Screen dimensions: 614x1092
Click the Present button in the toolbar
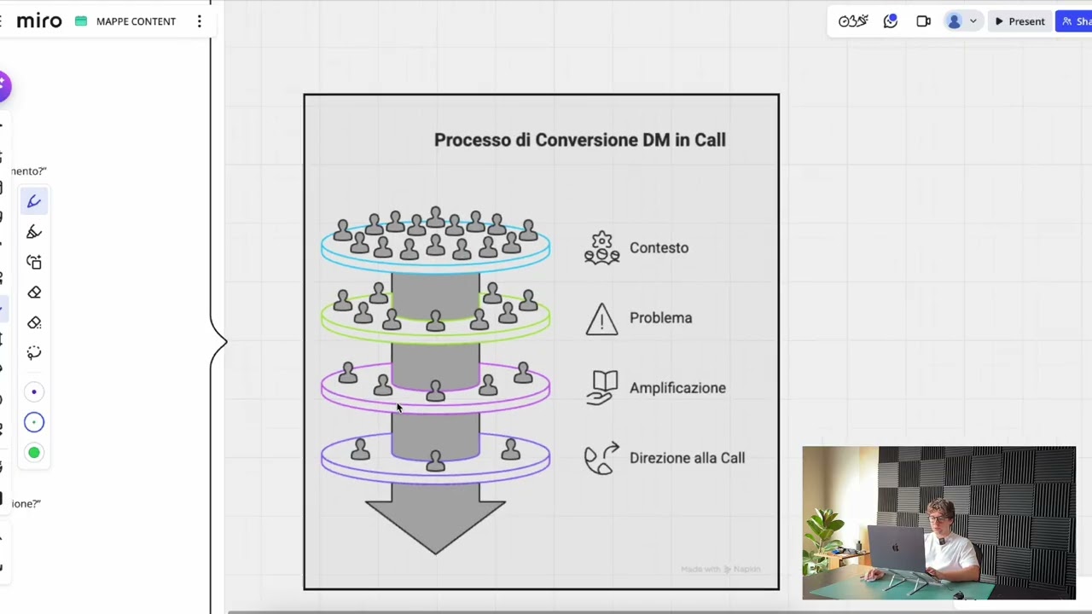click(1019, 21)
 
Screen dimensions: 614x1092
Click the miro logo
click(39, 21)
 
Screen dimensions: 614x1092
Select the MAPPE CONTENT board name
click(136, 21)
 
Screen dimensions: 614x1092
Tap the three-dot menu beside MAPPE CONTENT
click(200, 21)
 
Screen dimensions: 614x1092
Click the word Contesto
click(659, 248)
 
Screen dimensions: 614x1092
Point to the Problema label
click(660, 318)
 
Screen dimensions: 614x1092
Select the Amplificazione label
click(677, 388)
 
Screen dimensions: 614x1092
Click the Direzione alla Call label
click(687, 458)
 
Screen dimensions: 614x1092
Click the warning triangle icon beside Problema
click(601, 319)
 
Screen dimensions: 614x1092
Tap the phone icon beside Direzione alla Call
click(601, 458)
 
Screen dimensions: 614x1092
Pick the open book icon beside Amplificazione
click(601, 387)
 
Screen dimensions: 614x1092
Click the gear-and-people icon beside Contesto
click(601, 248)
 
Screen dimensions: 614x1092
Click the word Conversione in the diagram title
click(587, 140)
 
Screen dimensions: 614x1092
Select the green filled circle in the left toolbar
click(34, 453)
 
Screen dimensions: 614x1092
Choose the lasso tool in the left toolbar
click(34, 353)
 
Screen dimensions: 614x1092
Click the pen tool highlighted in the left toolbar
click(34, 201)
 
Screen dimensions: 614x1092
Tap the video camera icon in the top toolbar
click(923, 21)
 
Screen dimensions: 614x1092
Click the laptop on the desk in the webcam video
click(897, 550)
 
